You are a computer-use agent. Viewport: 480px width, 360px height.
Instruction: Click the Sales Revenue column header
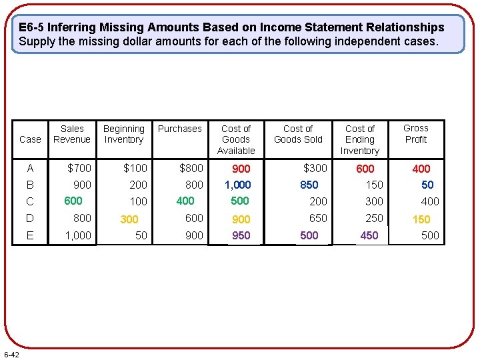72,134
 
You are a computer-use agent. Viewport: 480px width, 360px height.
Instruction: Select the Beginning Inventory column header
124,134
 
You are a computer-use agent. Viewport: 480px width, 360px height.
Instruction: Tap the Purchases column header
180,129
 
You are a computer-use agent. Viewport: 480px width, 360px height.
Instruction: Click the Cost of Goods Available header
236,139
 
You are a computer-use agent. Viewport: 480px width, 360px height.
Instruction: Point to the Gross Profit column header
416,133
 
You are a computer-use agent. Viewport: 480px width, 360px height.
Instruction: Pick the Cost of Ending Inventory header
360,139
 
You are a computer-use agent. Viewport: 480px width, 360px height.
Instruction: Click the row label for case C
30,201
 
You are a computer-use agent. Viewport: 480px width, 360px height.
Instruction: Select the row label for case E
30,235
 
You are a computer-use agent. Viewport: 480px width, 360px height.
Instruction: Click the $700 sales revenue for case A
79,168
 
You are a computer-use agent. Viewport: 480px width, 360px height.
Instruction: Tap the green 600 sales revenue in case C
73,201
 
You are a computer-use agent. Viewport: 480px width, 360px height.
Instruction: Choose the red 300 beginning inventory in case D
129,219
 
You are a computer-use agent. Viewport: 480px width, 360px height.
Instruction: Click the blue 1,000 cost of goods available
238,185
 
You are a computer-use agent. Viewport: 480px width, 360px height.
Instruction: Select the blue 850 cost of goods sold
309,185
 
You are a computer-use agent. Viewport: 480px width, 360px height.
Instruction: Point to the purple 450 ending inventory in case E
369,235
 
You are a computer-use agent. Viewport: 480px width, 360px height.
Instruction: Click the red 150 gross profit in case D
421,219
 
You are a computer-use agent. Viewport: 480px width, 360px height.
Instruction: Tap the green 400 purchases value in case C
185,201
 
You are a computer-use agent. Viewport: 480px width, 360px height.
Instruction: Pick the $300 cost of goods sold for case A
315,168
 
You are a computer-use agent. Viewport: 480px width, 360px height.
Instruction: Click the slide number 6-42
11,353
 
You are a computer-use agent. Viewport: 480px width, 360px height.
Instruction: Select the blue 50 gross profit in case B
427,185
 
